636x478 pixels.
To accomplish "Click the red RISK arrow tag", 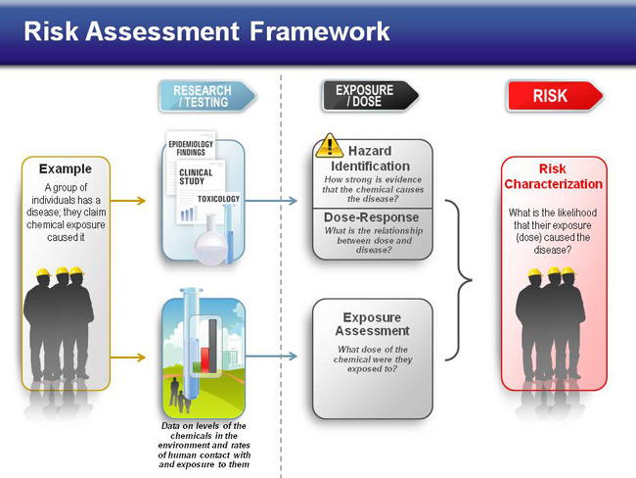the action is (x=555, y=96).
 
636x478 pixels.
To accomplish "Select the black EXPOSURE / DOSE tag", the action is (x=370, y=96).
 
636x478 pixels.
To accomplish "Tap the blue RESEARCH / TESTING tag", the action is (x=207, y=96).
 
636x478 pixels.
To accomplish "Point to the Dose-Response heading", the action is (x=371, y=217).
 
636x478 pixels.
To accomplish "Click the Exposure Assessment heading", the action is (x=373, y=324).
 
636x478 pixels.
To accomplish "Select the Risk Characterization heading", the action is (x=553, y=176).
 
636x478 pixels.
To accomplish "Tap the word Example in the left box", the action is (x=66, y=168).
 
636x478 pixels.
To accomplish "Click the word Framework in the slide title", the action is (x=320, y=31).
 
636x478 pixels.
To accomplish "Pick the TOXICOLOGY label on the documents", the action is (x=218, y=199).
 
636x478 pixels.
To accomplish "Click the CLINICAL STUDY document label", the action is (x=196, y=176).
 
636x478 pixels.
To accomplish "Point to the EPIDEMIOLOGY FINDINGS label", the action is (x=191, y=148).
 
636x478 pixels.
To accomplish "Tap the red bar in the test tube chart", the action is (x=205, y=359).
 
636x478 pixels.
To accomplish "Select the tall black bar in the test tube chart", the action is (x=213, y=346).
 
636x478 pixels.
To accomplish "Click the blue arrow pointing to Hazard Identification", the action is (x=271, y=200).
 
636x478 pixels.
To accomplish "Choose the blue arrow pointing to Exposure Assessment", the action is (x=271, y=357).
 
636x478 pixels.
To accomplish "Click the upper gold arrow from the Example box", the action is (x=128, y=200).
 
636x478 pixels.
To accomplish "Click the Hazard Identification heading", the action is (x=370, y=159).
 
